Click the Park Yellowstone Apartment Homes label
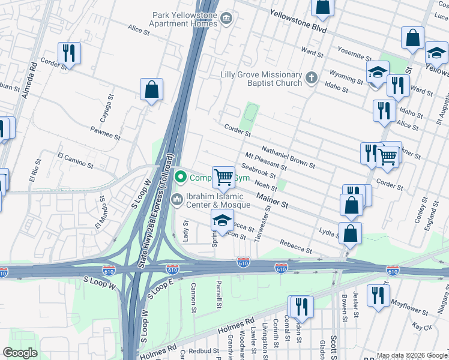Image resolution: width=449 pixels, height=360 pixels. coord(184,19)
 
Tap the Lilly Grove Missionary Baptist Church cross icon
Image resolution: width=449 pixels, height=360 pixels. coord(311,77)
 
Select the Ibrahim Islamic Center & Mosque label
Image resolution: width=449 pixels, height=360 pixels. coord(218,201)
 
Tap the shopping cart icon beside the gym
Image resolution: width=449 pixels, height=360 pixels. coord(223,178)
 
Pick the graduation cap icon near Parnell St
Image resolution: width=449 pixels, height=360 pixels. coord(221,221)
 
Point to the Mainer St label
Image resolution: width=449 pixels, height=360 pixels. coord(273,200)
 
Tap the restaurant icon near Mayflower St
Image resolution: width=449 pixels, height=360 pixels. coord(378,296)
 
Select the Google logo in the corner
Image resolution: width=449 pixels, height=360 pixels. coord(20,353)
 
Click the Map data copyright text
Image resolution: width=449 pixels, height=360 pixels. coord(412,355)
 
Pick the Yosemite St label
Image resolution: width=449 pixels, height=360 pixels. coord(354,53)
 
